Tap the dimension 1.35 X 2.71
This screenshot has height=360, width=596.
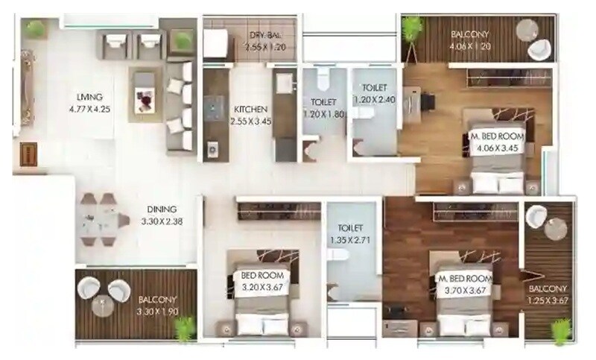click(349, 240)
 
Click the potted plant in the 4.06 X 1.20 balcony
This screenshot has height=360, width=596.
click(409, 29)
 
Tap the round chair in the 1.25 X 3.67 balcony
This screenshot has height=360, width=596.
click(537, 218)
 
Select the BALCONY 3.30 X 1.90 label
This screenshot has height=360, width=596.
click(159, 306)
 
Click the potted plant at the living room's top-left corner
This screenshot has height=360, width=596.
click(32, 29)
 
